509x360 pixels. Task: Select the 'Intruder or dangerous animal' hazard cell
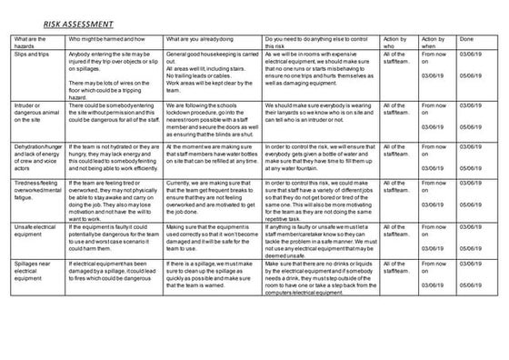point(35,112)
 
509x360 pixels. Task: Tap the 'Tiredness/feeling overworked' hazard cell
point(36,189)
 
